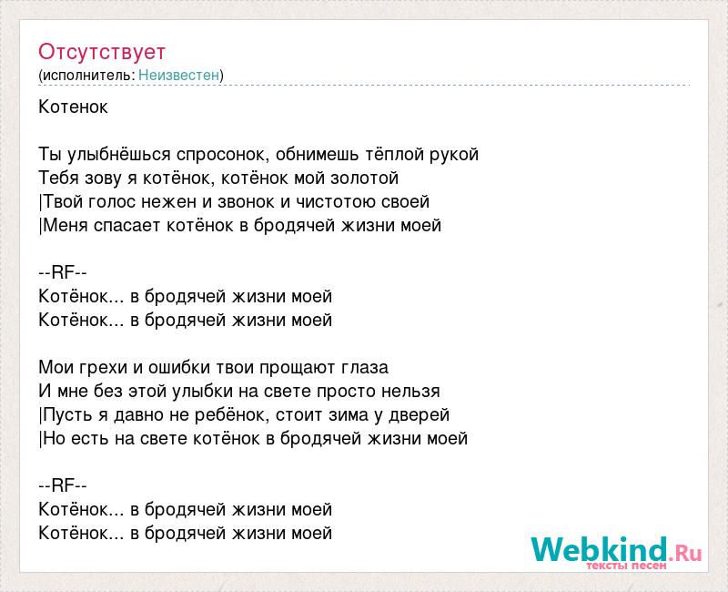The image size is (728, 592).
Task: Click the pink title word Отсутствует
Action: coord(102,52)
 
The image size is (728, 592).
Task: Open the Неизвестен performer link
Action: coord(178,75)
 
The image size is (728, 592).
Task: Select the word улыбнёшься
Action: coord(118,154)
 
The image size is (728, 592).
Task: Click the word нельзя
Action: coord(410,392)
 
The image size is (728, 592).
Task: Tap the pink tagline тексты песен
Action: coord(626,566)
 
